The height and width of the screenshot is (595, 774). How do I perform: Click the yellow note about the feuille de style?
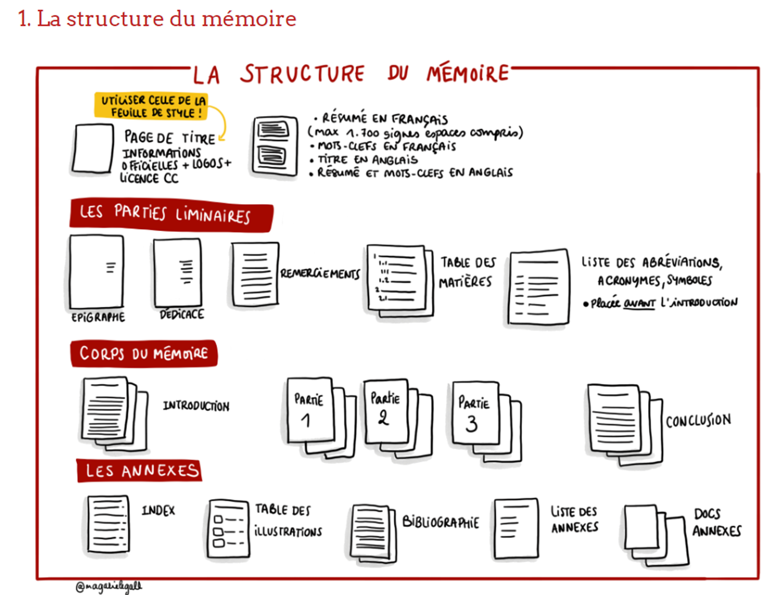[x=151, y=106]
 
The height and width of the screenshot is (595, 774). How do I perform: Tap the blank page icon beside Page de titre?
[x=93, y=148]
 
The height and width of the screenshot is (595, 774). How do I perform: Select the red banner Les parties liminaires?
[x=171, y=215]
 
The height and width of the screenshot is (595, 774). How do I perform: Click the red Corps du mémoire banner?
[x=144, y=353]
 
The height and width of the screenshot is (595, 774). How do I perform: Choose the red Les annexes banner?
[x=139, y=471]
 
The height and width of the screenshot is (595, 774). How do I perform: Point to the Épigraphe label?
[x=98, y=317]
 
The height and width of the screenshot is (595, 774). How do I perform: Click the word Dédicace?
[x=182, y=314]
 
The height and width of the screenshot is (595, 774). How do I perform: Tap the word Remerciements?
[x=320, y=273]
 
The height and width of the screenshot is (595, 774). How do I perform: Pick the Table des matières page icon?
[x=400, y=281]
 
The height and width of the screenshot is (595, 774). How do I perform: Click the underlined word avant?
[x=639, y=304]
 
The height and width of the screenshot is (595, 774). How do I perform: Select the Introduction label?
[x=196, y=406]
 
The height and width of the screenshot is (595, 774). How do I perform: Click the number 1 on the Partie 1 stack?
[x=306, y=421]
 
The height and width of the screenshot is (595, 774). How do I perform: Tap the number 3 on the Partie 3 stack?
[x=471, y=424]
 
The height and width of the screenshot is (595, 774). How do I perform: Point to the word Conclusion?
[x=698, y=421]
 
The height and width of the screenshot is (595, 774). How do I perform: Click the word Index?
[x=159, y=510]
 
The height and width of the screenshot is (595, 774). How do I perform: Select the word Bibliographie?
[x=440, y=522]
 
